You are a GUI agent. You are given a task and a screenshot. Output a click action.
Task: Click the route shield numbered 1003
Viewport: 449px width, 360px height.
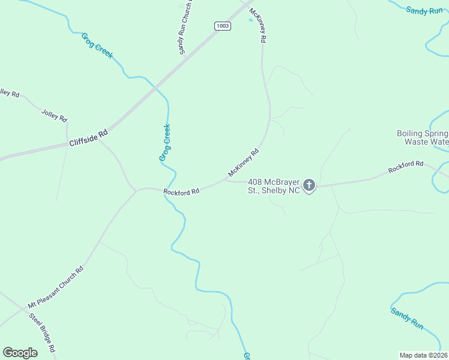pos(222,25)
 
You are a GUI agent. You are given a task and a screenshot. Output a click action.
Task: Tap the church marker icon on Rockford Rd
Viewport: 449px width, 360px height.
pos(309,185)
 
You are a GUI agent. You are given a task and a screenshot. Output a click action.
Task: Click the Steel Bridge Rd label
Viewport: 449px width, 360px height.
pos(43,332)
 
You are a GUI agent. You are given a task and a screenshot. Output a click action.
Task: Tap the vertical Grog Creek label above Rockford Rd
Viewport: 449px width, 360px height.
pos(165,143)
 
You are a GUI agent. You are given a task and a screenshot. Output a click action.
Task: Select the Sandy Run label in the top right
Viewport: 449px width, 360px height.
pos(424,10)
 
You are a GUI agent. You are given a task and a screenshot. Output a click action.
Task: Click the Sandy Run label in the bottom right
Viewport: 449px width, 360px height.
pos(408,319)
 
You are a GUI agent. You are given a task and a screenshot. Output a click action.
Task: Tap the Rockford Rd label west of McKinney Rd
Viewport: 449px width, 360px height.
pos(181,192)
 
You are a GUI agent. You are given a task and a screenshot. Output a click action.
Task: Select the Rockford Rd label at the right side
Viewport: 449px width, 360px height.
pos(406,167)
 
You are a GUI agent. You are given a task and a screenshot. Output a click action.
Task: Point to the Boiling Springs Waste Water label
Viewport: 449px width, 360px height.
pos(423,138)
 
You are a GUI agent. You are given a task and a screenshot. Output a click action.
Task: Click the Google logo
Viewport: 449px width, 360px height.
pos(20,353)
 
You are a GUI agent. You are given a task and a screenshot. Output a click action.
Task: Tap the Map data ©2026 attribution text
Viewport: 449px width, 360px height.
pos(424,355)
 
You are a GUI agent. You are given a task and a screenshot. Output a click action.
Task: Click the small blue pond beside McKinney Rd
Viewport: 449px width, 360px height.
pos(250,20)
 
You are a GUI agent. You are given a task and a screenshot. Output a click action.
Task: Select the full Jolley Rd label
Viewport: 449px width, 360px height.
pos(54,115)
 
